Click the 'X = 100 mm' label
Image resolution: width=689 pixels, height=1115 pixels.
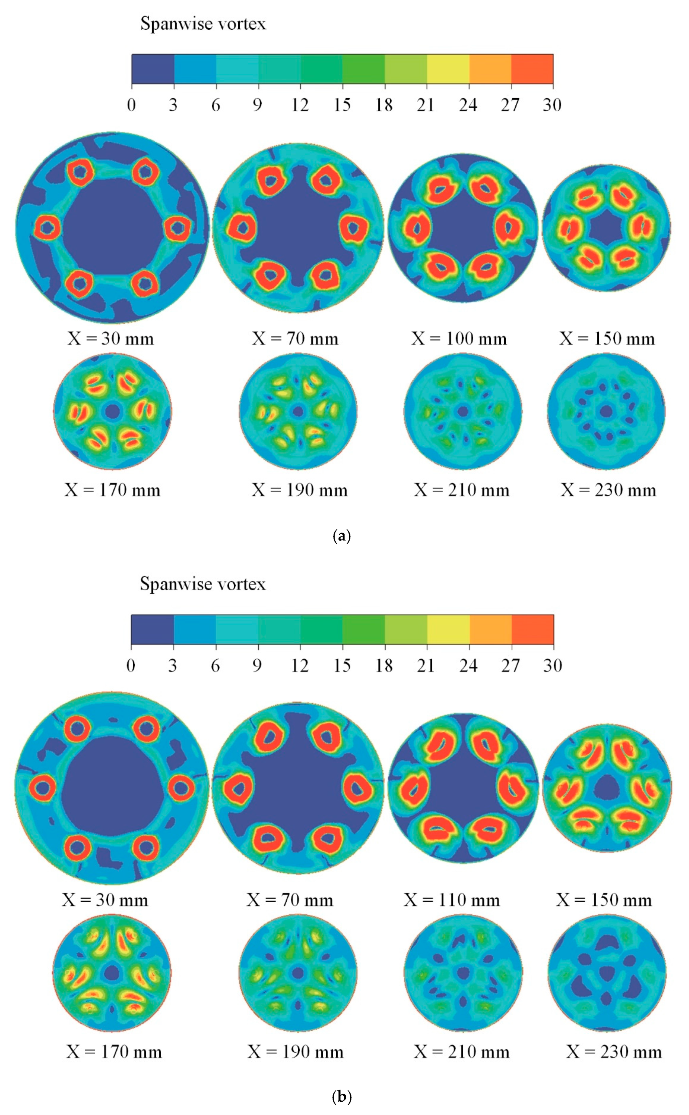(x=459, y=339)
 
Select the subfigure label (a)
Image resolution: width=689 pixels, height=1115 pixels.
(x=342, y=536)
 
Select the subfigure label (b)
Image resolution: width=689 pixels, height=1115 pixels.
(x=342, y=1096)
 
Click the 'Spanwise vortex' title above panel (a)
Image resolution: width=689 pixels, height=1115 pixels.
(x=203, y=24)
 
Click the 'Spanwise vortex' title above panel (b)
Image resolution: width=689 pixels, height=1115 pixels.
(x=202, y=584)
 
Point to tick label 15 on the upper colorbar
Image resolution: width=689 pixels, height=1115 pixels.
(x=342, y=105)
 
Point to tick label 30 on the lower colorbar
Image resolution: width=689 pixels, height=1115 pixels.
(x=552, y=666)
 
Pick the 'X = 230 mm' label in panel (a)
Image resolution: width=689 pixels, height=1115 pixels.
(x=608, y=490)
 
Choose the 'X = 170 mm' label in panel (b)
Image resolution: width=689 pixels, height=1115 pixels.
(x=114, y=1052)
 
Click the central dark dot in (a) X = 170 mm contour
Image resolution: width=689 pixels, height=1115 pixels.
(x=112, y=412)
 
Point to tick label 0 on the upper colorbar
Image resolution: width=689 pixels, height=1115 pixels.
(x=131, y=105)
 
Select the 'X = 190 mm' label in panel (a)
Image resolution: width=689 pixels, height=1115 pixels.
(x=299, y=490)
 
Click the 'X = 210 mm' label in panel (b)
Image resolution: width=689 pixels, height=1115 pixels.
(x=462, y=1052)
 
